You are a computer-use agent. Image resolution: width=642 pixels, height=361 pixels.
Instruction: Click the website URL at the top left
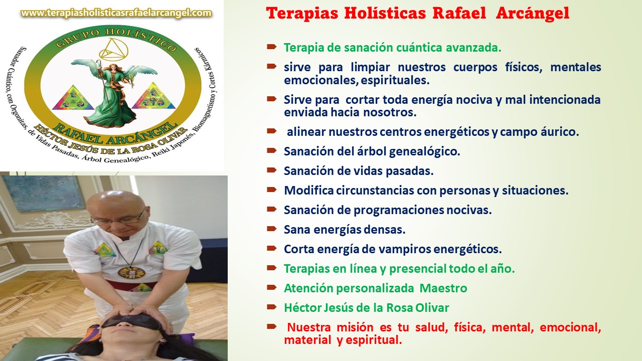[116, 13]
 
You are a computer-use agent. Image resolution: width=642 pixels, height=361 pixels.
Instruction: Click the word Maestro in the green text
[443, 288]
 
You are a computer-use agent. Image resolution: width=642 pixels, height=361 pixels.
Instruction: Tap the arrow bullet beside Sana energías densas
[271, 229]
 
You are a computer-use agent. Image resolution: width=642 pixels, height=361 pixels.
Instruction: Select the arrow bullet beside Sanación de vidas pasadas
[271, 170]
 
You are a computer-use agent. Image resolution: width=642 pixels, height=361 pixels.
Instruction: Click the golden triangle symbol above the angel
[113, 49]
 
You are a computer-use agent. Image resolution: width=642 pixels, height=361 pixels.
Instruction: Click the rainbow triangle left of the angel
[73, 98]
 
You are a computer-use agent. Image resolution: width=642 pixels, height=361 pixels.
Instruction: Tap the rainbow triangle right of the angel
[153, 96]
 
